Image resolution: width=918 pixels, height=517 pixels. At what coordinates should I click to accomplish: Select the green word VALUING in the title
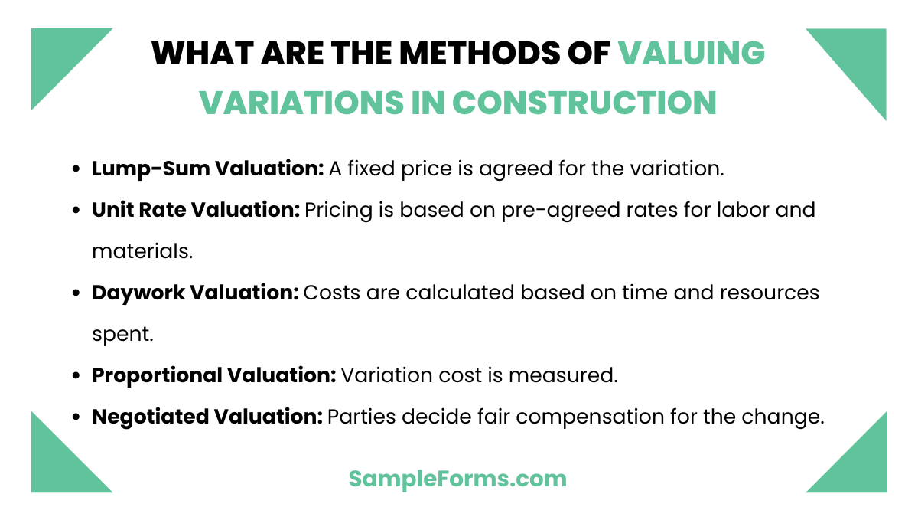[x=692, y=54]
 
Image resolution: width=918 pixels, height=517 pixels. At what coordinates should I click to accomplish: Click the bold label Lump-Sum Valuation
[x=208, y=169]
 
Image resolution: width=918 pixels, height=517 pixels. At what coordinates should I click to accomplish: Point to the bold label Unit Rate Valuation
[x=196, y=209]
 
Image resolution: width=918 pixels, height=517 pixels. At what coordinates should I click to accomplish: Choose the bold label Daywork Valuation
[x=195, y=293]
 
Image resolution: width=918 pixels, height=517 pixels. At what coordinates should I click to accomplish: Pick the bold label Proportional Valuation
[x=214, y=375]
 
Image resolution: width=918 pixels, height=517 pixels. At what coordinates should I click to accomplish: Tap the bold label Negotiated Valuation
[x=207, y=417]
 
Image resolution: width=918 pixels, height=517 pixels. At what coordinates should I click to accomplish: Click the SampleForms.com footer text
[x=457, y=479]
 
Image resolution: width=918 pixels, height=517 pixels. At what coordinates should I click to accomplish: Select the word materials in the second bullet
[x=142, y=251]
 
